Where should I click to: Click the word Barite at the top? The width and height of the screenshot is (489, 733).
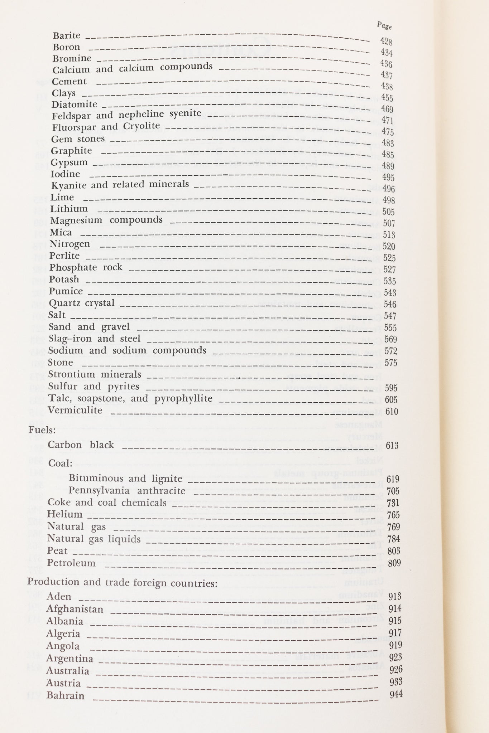(x=67, y=35)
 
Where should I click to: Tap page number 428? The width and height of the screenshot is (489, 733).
(x=386, y=42)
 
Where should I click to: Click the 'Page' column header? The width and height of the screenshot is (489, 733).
(x=384, y=26)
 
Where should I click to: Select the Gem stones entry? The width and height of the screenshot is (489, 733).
(x=78, y=139)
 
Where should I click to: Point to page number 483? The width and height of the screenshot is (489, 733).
(x=388, y=143)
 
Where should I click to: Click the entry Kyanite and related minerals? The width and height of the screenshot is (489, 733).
(x=120, y=185)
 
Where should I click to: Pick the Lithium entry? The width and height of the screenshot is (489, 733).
(x=69, y=209)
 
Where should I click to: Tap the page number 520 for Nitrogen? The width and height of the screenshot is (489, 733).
(x=389, y=246)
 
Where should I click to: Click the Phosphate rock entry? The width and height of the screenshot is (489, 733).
(x=86, y=267)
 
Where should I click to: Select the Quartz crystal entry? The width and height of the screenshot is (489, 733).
(x=82, y=303)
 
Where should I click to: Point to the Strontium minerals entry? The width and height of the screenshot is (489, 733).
(x=95, y=374)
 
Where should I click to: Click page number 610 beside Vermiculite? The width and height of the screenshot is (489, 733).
(x=392, y=411)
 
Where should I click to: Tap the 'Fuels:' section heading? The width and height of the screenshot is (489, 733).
(x=40, y=429)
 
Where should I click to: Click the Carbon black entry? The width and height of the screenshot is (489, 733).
(x=81, y=445)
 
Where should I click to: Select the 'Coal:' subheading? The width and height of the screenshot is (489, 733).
(x=60, y=463)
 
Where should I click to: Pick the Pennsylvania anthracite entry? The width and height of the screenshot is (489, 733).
(x=127, y=490)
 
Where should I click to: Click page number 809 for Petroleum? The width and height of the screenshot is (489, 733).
(x=394, y=563)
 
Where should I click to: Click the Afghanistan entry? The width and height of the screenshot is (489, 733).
(x=75, y=609)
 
